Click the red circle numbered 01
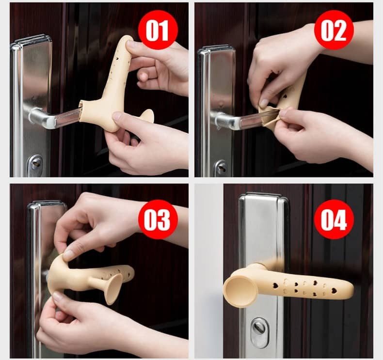tap(158, 30)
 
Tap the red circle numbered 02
tap(334, 30)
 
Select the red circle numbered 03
tap(158, 219)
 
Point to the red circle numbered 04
tap(334, 219)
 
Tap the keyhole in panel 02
tap(221, 168)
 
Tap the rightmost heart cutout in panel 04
tap(334, 291)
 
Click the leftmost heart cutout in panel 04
tap(276, 285)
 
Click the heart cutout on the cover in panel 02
tap(285, 96)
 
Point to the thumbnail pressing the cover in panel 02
tap(264, 103)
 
